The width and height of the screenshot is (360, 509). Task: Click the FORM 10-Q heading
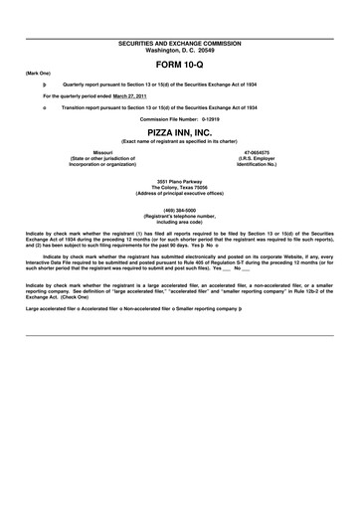tap(179, 36)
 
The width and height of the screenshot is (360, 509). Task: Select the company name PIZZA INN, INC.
tap(179, 131)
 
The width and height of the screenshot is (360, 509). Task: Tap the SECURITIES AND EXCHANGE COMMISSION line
tap(179, 16)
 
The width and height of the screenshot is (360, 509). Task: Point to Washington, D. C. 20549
tap(179, 23)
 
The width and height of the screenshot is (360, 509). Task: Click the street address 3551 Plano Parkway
tap(179, 180)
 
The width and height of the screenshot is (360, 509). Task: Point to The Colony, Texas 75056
tap(179, 186)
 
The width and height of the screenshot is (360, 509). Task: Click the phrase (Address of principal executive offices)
tap(179, 192)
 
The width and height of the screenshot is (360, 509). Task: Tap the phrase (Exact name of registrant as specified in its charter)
tap(179, 141)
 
